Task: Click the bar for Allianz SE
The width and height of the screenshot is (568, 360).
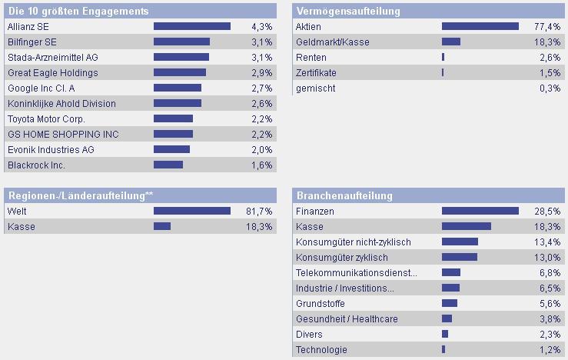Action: [192, 26]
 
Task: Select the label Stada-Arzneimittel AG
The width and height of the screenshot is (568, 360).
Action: [53, 57]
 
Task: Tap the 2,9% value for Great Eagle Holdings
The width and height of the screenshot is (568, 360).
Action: [261, 72]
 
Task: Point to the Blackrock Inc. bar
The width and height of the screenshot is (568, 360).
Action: [168, 165]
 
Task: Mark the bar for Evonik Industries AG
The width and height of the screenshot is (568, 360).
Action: [171, 149]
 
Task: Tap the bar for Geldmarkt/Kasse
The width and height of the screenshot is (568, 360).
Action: [451, 42]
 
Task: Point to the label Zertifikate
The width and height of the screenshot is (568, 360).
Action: [316, 72]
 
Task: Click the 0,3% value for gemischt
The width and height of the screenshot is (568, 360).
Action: [550, 88]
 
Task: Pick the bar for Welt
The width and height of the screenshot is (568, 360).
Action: [192, 211]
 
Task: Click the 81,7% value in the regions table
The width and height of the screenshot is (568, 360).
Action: [258, 211]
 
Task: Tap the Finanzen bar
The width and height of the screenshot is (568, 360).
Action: [480, 211]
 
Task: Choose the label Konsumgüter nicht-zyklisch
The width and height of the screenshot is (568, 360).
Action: [353, 242]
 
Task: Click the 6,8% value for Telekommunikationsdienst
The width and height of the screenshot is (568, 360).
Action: [550, 272]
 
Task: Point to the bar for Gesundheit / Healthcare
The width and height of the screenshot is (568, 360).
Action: [447, 318]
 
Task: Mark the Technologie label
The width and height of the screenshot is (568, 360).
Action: [321, 349]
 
